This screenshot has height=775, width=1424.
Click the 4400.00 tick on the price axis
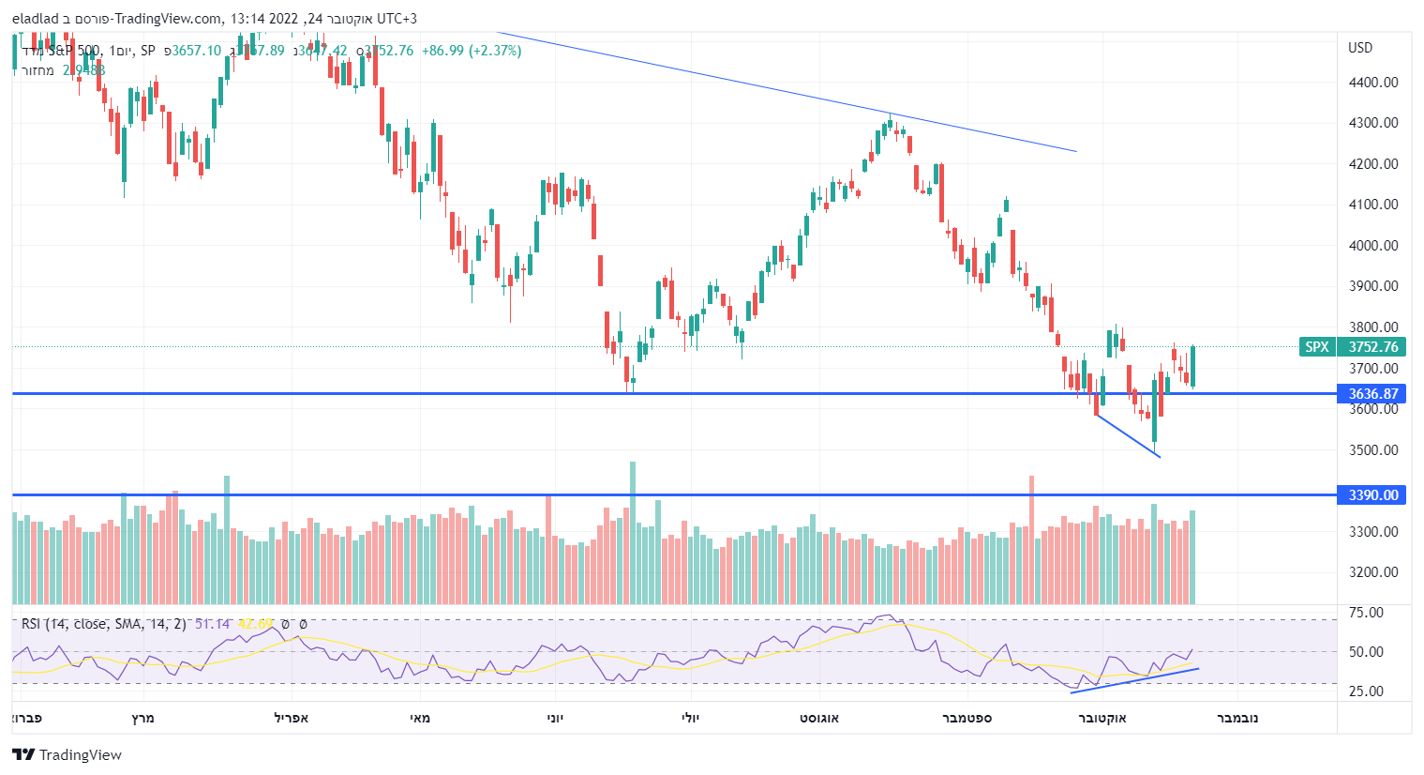1372,83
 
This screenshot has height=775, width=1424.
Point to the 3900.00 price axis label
1372,286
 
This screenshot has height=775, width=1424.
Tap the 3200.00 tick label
1372,572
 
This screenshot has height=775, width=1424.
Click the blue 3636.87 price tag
1372,394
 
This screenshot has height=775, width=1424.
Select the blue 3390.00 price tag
1372,495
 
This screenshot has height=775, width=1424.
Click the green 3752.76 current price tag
1372,347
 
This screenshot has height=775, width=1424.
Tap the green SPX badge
1317,347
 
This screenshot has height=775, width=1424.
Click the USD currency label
1360,48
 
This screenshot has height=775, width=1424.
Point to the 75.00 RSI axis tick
1366,613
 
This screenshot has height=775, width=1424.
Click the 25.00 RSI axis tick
1366,691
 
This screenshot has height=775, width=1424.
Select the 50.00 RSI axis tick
1366,652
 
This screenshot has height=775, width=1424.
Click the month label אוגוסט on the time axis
819,718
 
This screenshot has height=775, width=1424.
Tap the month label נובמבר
1237,718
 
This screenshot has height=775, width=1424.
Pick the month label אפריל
292,718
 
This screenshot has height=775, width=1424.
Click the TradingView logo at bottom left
67,755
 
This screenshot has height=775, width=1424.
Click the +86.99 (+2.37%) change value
472,51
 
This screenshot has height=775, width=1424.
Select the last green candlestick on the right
1192,366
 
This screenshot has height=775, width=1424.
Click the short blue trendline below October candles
1129,436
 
